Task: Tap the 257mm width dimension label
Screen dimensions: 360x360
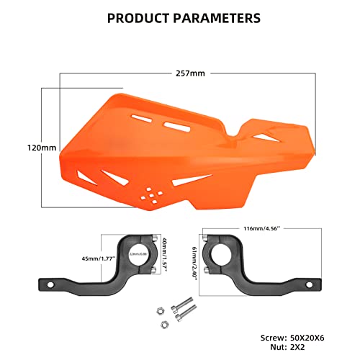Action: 189,73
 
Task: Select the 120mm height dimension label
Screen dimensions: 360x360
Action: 40,147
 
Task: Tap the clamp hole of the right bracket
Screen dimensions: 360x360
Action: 218,254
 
